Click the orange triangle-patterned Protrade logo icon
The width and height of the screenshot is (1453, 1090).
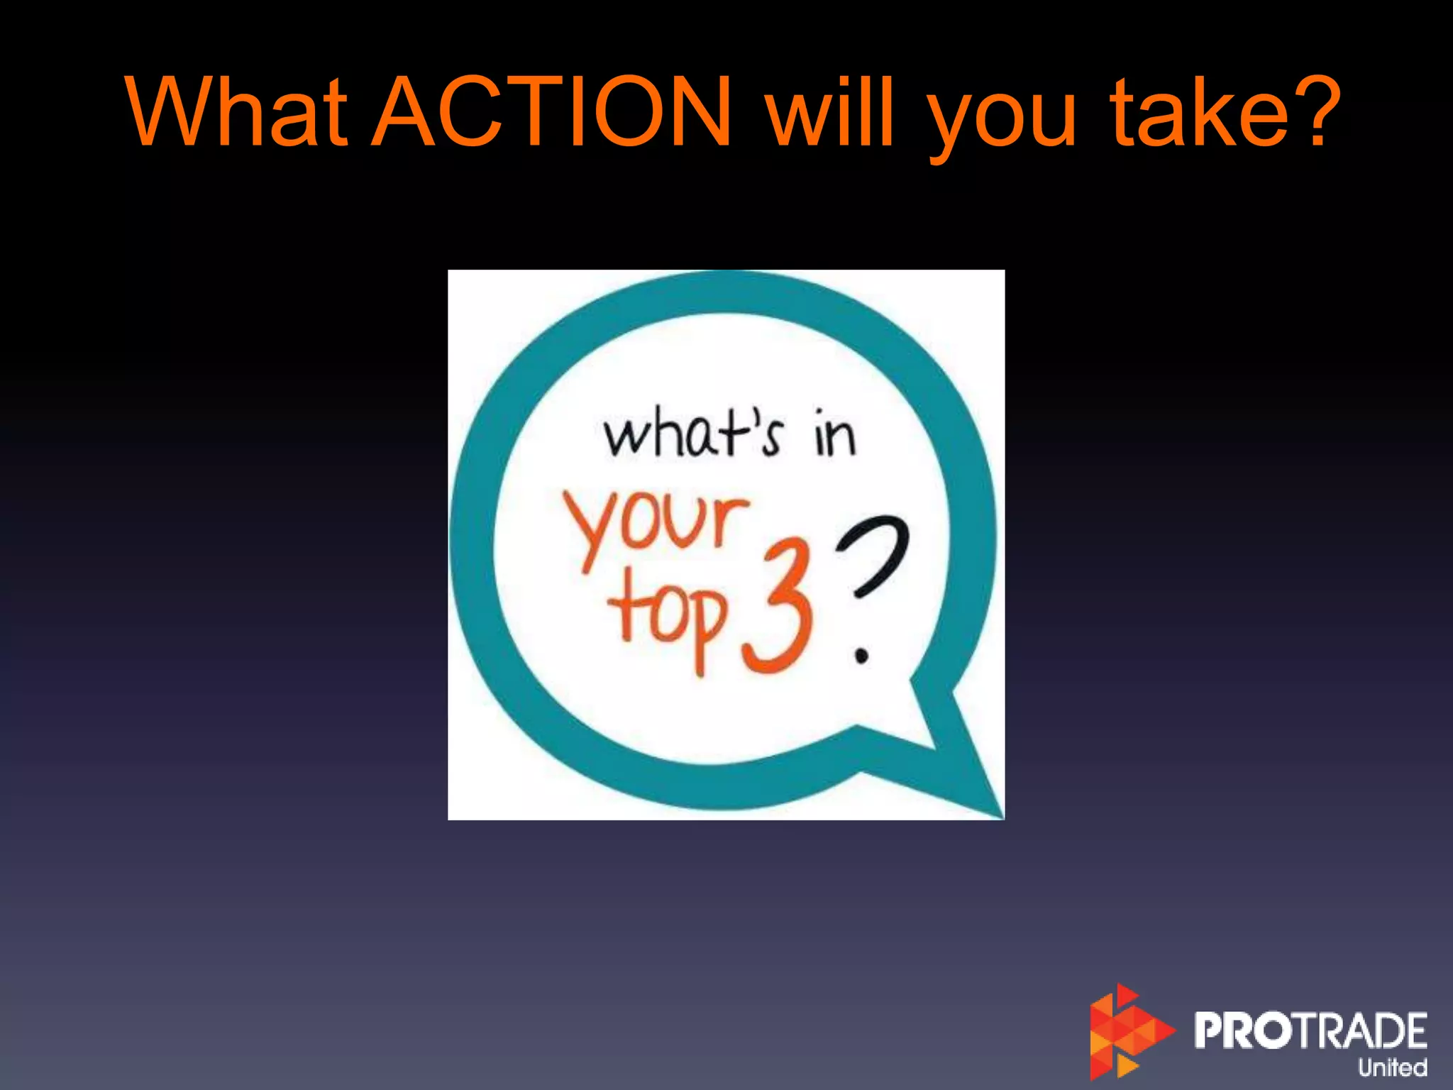(1127, 1032)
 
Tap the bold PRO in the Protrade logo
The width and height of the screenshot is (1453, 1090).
(1246, 1030)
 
